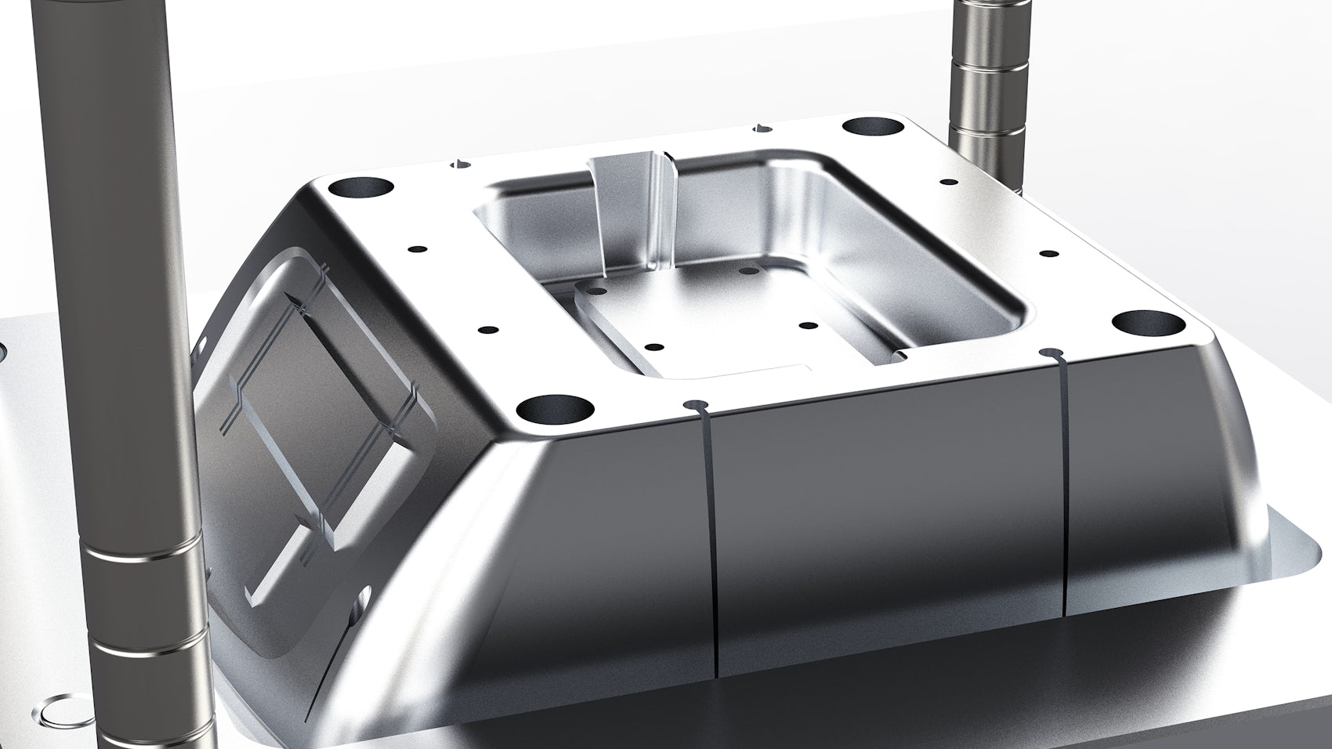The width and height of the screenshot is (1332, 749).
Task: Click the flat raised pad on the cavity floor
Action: click(705, 321)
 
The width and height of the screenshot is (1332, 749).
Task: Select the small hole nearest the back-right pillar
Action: click(948, 182)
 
